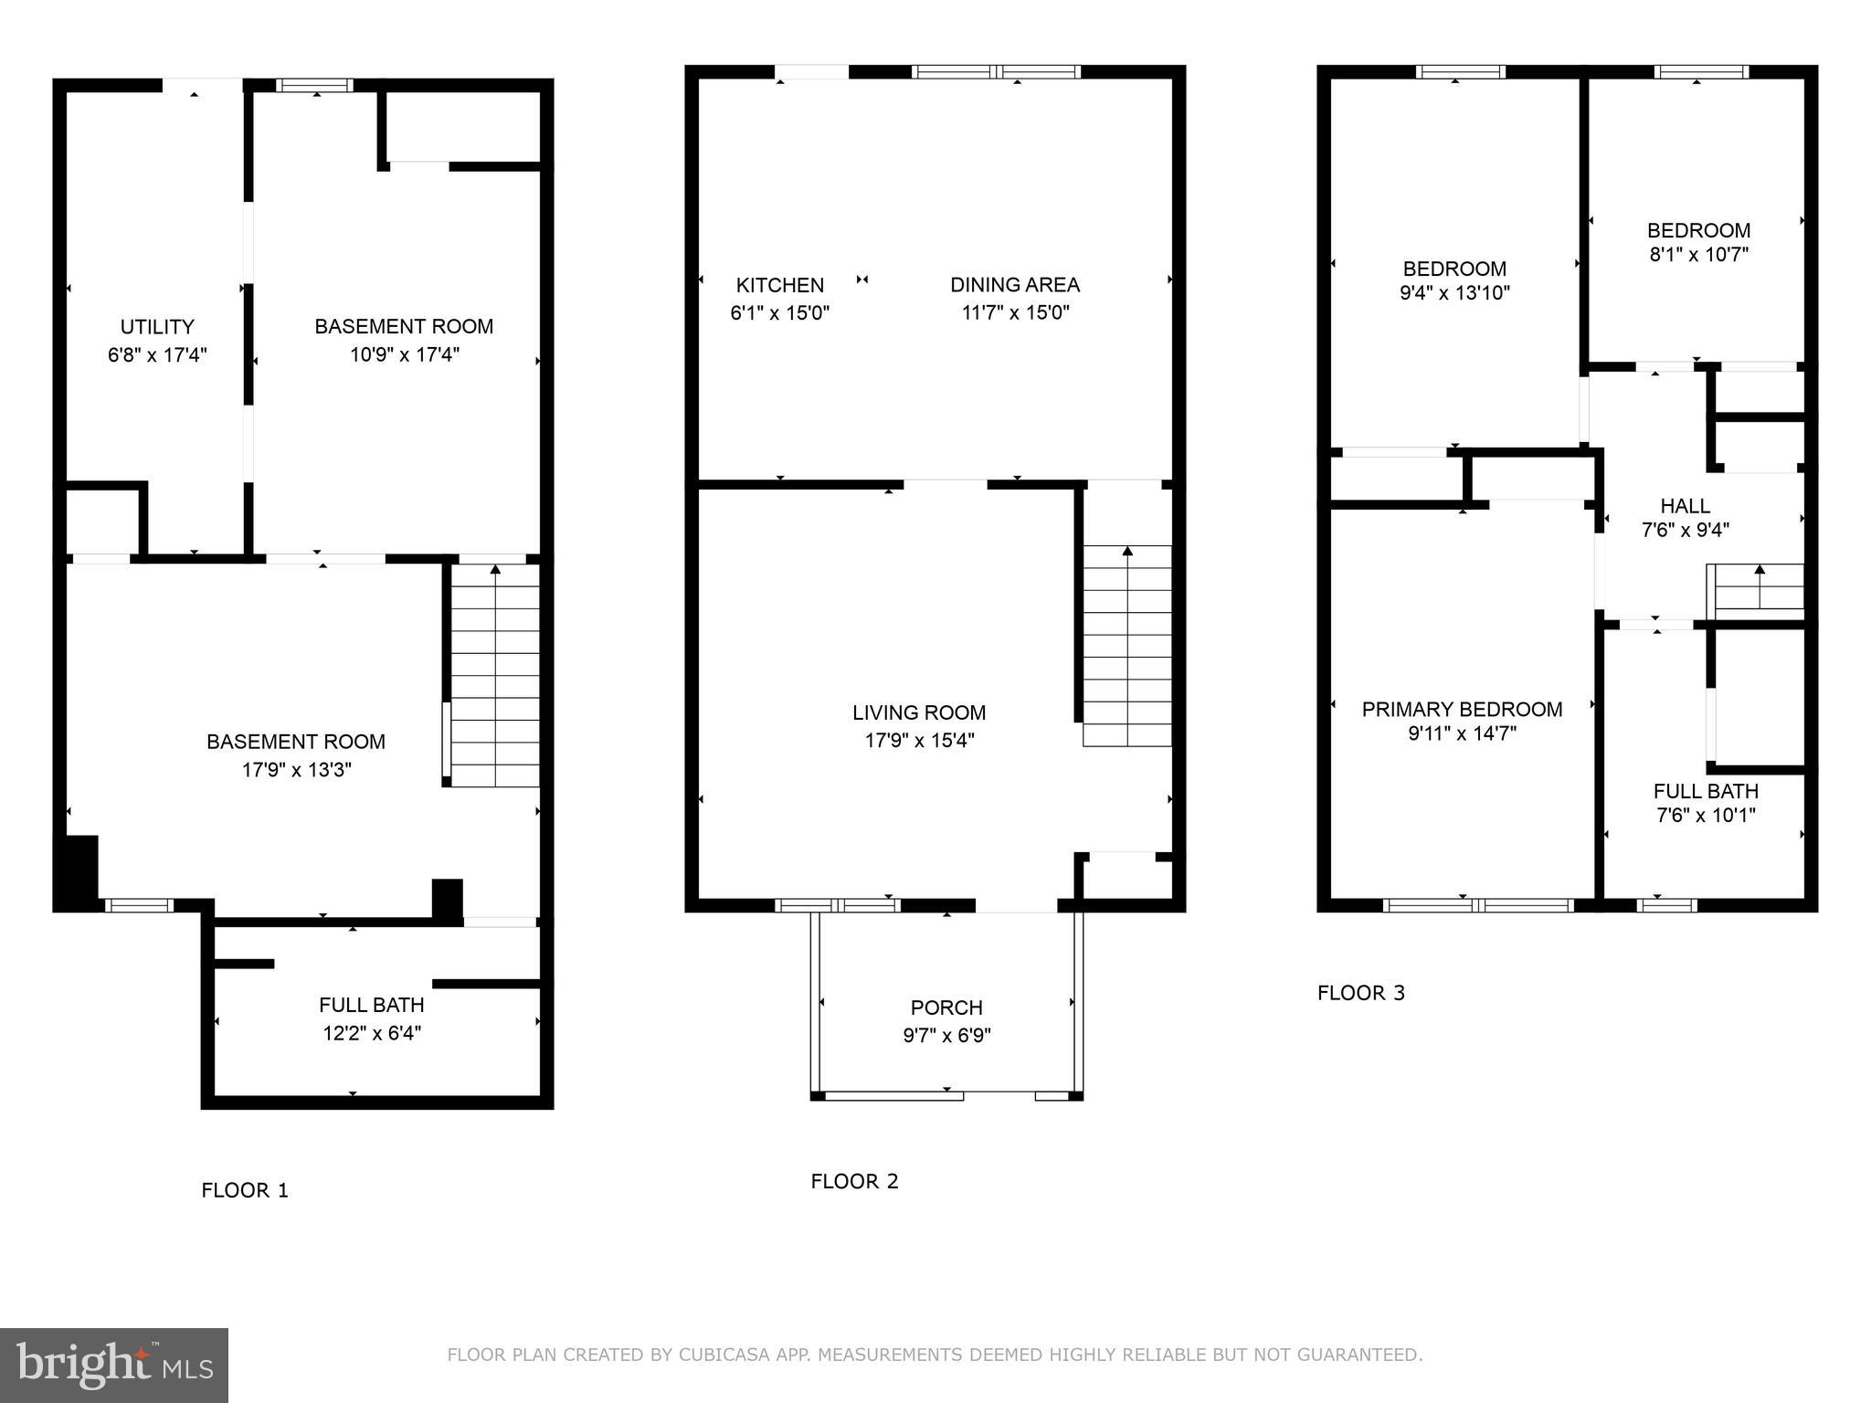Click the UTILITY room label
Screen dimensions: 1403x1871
click(x=157, y=327)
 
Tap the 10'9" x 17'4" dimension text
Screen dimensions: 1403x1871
click(x=404, y=354)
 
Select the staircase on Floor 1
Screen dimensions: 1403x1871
click(x=495, y=676)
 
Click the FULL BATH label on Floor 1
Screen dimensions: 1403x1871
click(x=371, y=1006)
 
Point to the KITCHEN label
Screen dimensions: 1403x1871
click(x=779, y=285)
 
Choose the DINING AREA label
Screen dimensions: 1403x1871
click(x=1014, y=285)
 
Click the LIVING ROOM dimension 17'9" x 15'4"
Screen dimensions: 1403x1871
click(x=919, y=741)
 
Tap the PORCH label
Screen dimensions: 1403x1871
click(x=946, y=1008)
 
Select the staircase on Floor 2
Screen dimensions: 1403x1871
click(x=1127, y=646)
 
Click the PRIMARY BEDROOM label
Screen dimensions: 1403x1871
click(x=1462, y=710)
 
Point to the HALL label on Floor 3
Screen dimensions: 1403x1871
click(x=1685, y=506)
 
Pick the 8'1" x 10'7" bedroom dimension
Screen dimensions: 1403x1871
click(x=1698, y=255)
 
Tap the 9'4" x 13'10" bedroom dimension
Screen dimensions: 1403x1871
click(x=1454, y=293)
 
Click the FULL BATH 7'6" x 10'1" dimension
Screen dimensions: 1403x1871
click(x=1706, y=816)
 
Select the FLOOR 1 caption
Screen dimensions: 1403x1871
click(x=245, y=1190)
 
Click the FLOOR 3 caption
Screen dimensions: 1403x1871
click(x=1360, y=993)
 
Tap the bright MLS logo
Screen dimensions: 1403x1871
click(x=114, y=1366)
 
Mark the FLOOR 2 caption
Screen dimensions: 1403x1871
click(x=854, y=1181)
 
